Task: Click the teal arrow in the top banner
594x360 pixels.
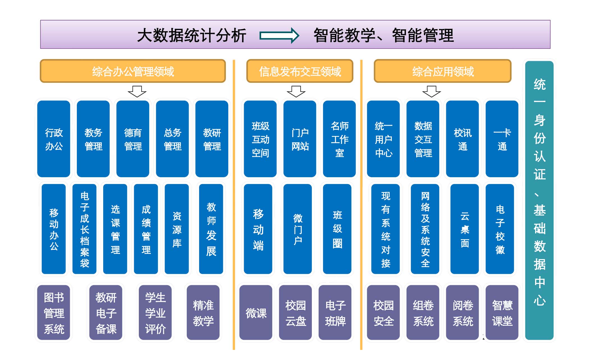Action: [x=279, y=36]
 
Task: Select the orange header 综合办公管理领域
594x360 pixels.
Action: [x=133, y=71]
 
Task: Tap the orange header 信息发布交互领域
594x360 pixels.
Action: [x=300, y=71]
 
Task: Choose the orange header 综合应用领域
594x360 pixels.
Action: [x=443, y=71]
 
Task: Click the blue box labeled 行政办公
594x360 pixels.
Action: [x=54, y=139]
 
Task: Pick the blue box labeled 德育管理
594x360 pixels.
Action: [x=133, y=139]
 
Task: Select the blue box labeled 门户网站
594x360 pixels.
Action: [x=300, y=139]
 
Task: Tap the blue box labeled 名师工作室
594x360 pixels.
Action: [x=339, y=139]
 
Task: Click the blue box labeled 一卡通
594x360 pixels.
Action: [x=502, y=139]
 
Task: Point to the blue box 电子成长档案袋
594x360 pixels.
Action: [x=84, y=229]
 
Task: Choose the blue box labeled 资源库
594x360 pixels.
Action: [x=177, y=229]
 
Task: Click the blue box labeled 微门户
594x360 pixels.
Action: [x=298, y=229]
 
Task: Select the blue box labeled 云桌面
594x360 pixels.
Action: [x=464, y=229]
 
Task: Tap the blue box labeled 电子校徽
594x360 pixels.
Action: [x=500, y=229]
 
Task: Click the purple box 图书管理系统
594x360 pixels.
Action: [x=54, y=313]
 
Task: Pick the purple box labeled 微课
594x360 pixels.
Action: [x=255, y=313]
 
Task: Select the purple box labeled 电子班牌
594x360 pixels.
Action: [x=335, y=313]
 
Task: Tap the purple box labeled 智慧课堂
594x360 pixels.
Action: [x=502, y=313]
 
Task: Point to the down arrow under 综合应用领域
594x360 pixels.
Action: [x=431, y=91]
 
